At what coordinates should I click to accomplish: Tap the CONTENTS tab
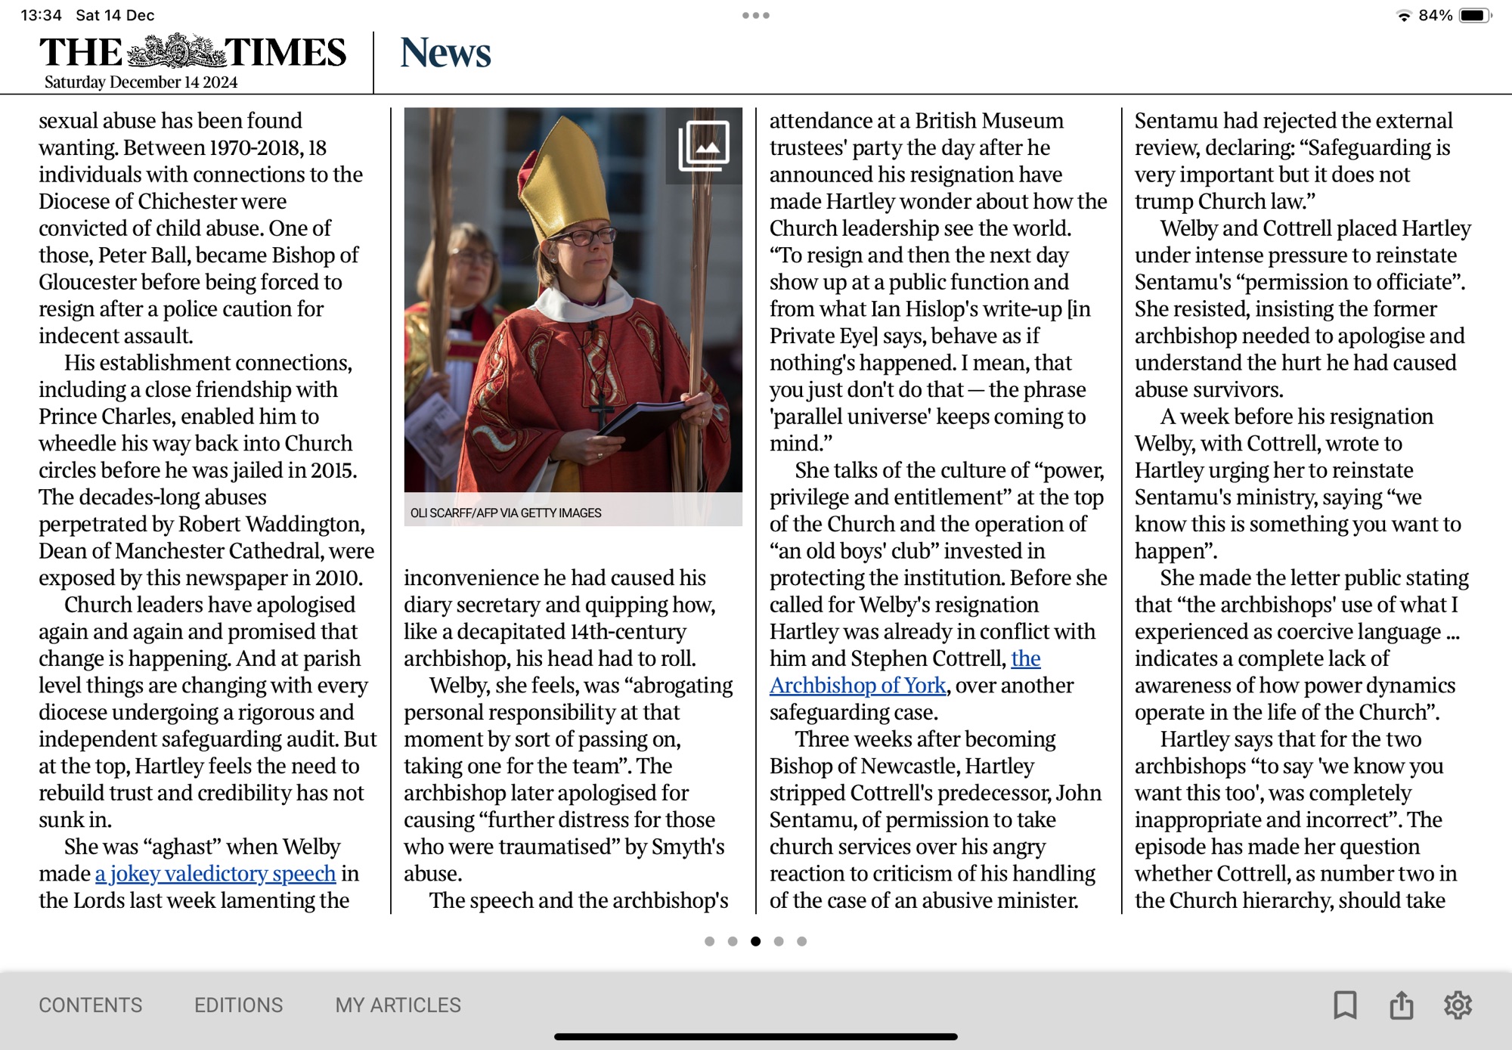click(90, 1005)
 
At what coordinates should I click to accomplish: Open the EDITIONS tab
click(238, 1005)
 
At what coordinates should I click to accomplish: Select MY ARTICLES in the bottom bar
click(398, 1005)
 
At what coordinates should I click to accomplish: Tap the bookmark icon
click(1345, 1005)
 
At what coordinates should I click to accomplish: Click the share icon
click(1401, 1005)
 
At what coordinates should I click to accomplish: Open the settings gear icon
click(1458, 1005)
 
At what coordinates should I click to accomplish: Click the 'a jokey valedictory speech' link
click(215, 874)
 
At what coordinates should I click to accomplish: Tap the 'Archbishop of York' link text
click(858, 686)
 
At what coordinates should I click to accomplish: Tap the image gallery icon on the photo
click(704, 145)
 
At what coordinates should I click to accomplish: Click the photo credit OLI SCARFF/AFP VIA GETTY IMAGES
click(506, 513)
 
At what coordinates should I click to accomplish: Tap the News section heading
click(445, 53)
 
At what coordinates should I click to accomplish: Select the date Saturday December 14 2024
click(141, 82)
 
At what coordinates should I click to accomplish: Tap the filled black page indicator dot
click(755, 941)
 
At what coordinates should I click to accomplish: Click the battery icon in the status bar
click(1475, 15)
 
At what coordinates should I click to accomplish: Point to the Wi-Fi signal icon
click(1404, 15)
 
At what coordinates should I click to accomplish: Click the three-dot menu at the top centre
click(755, 15)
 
